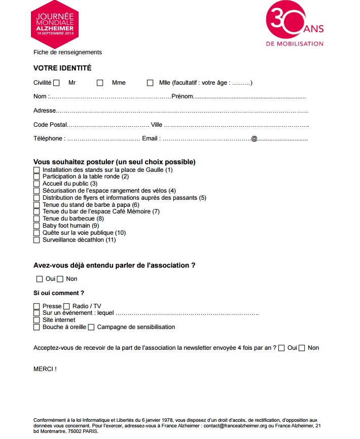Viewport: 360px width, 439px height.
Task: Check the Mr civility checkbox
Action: click(56, 83)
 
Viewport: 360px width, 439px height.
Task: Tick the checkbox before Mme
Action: click(100, 83)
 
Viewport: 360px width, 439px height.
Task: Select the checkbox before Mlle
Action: click(150, 83)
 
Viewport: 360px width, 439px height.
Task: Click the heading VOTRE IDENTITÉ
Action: click(62, 68)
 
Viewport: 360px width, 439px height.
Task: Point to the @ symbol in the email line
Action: click(255, 138)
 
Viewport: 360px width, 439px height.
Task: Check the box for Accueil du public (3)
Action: click(37, 184)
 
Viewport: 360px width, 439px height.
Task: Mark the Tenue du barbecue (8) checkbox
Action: click(37, 218)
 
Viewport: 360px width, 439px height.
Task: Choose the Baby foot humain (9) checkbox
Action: click(37, 226)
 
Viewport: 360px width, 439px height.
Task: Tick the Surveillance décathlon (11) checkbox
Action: click(37, 240)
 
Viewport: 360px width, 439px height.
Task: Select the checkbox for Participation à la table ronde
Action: click(37, 176)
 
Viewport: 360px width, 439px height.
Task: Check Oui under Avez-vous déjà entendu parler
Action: click(40, 279)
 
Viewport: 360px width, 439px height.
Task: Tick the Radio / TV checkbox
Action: click(66, 306)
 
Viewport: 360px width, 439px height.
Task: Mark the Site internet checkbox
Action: click(37, 320)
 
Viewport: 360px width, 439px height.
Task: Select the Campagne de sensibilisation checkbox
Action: click(91, 327)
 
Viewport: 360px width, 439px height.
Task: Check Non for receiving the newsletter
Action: click(302, 348)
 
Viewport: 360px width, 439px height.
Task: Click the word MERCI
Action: click(45, 369)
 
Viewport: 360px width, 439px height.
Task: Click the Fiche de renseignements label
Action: click(67, 52)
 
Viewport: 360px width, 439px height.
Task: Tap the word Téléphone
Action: click(48, 138)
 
